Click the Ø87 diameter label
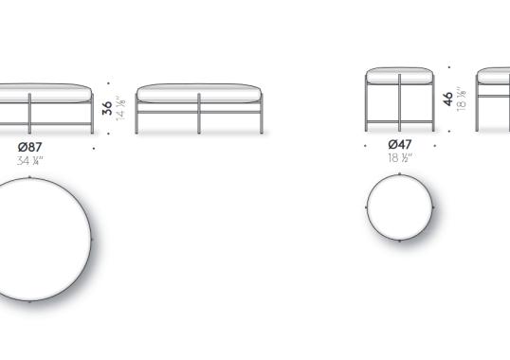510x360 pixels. (30, 147)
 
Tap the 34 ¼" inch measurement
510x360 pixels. (30, 160)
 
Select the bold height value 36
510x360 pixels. (107, 108)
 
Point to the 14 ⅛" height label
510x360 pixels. (120, 108)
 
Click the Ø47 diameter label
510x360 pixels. (400, 144)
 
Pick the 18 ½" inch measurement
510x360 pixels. (400, 158)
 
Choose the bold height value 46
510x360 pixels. (447, 99)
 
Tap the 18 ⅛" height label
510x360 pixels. (462, 99)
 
